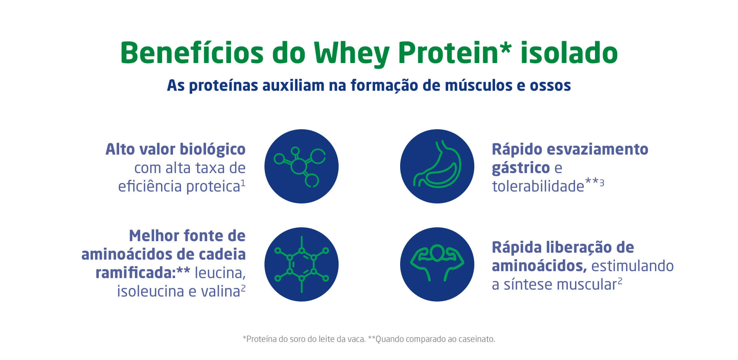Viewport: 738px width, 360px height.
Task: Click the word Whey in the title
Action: (352, 54)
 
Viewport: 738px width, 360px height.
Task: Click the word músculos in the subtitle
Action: (479, 85)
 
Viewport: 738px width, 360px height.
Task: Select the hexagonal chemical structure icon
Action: (301, 264)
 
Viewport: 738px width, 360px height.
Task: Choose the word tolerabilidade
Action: (538, 186)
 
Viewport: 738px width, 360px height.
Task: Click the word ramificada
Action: (135, 273)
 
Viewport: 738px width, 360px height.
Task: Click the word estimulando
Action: (632, 266)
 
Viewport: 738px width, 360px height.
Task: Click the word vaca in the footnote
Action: (356, 339)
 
